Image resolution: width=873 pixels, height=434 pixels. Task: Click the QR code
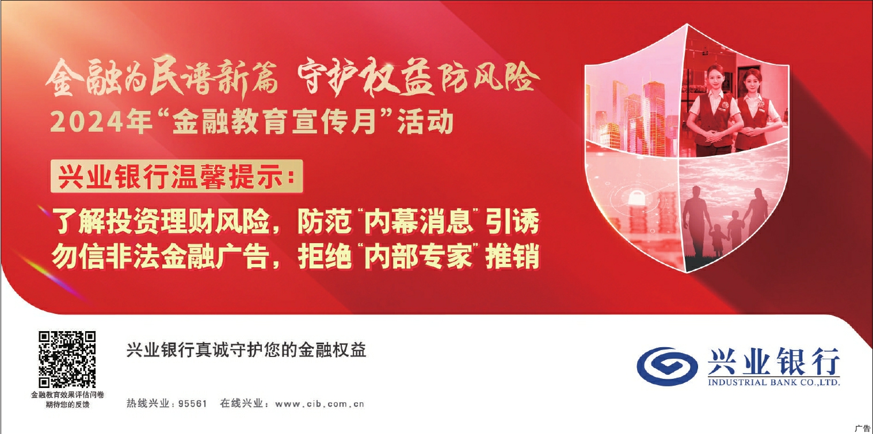point(67,359)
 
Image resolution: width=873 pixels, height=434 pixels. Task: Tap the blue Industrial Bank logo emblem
point(667,366)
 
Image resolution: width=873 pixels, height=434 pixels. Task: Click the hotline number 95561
point(192,404)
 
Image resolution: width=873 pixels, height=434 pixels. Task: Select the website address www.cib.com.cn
point(319,404)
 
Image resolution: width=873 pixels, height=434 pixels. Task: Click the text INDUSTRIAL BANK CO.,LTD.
point(773,382)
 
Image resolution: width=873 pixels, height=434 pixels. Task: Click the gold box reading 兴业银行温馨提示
point(177,176)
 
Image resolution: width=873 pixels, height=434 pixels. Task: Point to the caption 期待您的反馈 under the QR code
point(67,405)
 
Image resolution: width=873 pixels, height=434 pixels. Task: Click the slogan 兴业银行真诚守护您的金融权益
point(246,350)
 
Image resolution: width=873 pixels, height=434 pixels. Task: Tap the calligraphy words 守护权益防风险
point(418,77)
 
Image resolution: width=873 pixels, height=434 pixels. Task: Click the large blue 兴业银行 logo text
point(773,362)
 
